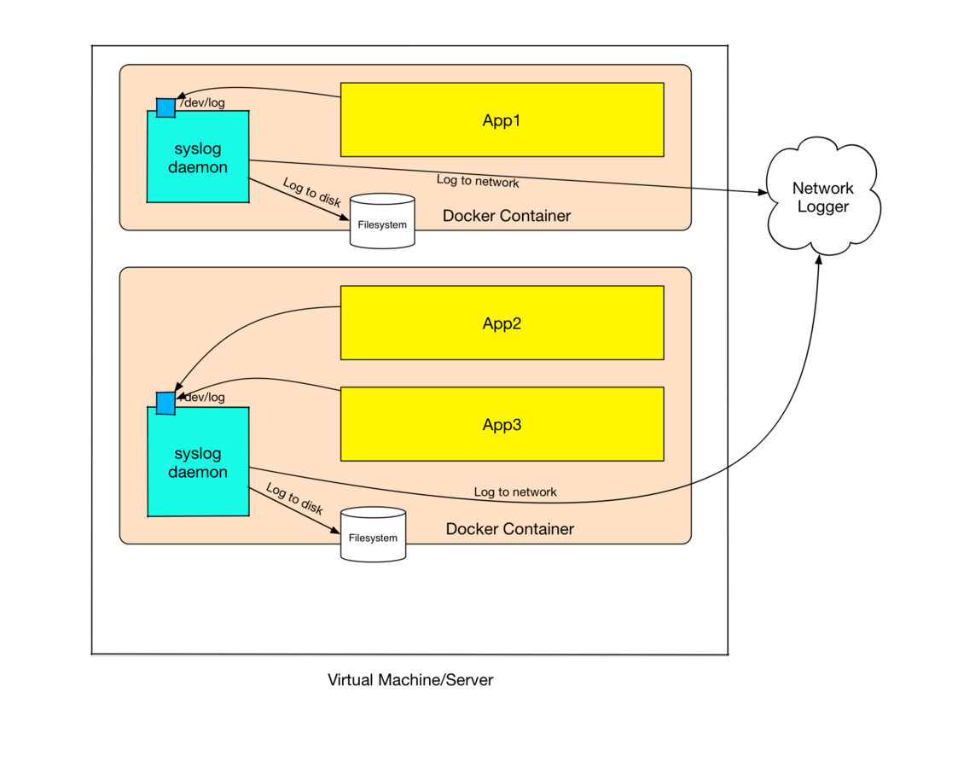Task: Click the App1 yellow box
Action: [x=502, y=119]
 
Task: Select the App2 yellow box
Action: [x=502, y=323]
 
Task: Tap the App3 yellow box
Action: [x=502, y=424]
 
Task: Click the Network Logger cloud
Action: [x=822, y=198]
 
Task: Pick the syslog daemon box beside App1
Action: [x=198, y=158]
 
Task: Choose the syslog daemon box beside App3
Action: [x=198, y=463]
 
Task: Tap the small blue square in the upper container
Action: [x=165, y=108]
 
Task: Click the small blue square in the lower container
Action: [x=165, y=403]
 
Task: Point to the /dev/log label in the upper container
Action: [x=203, y=103]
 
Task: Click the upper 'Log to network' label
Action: [x=478, y=181]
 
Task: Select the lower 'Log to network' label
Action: [x=515, y=492]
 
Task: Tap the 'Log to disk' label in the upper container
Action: [x=311, y=192]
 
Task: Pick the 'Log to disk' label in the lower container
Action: [x=294, y=499]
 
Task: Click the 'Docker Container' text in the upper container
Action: [x=507, y=216]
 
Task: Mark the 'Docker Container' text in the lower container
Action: [x=510, y=529]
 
